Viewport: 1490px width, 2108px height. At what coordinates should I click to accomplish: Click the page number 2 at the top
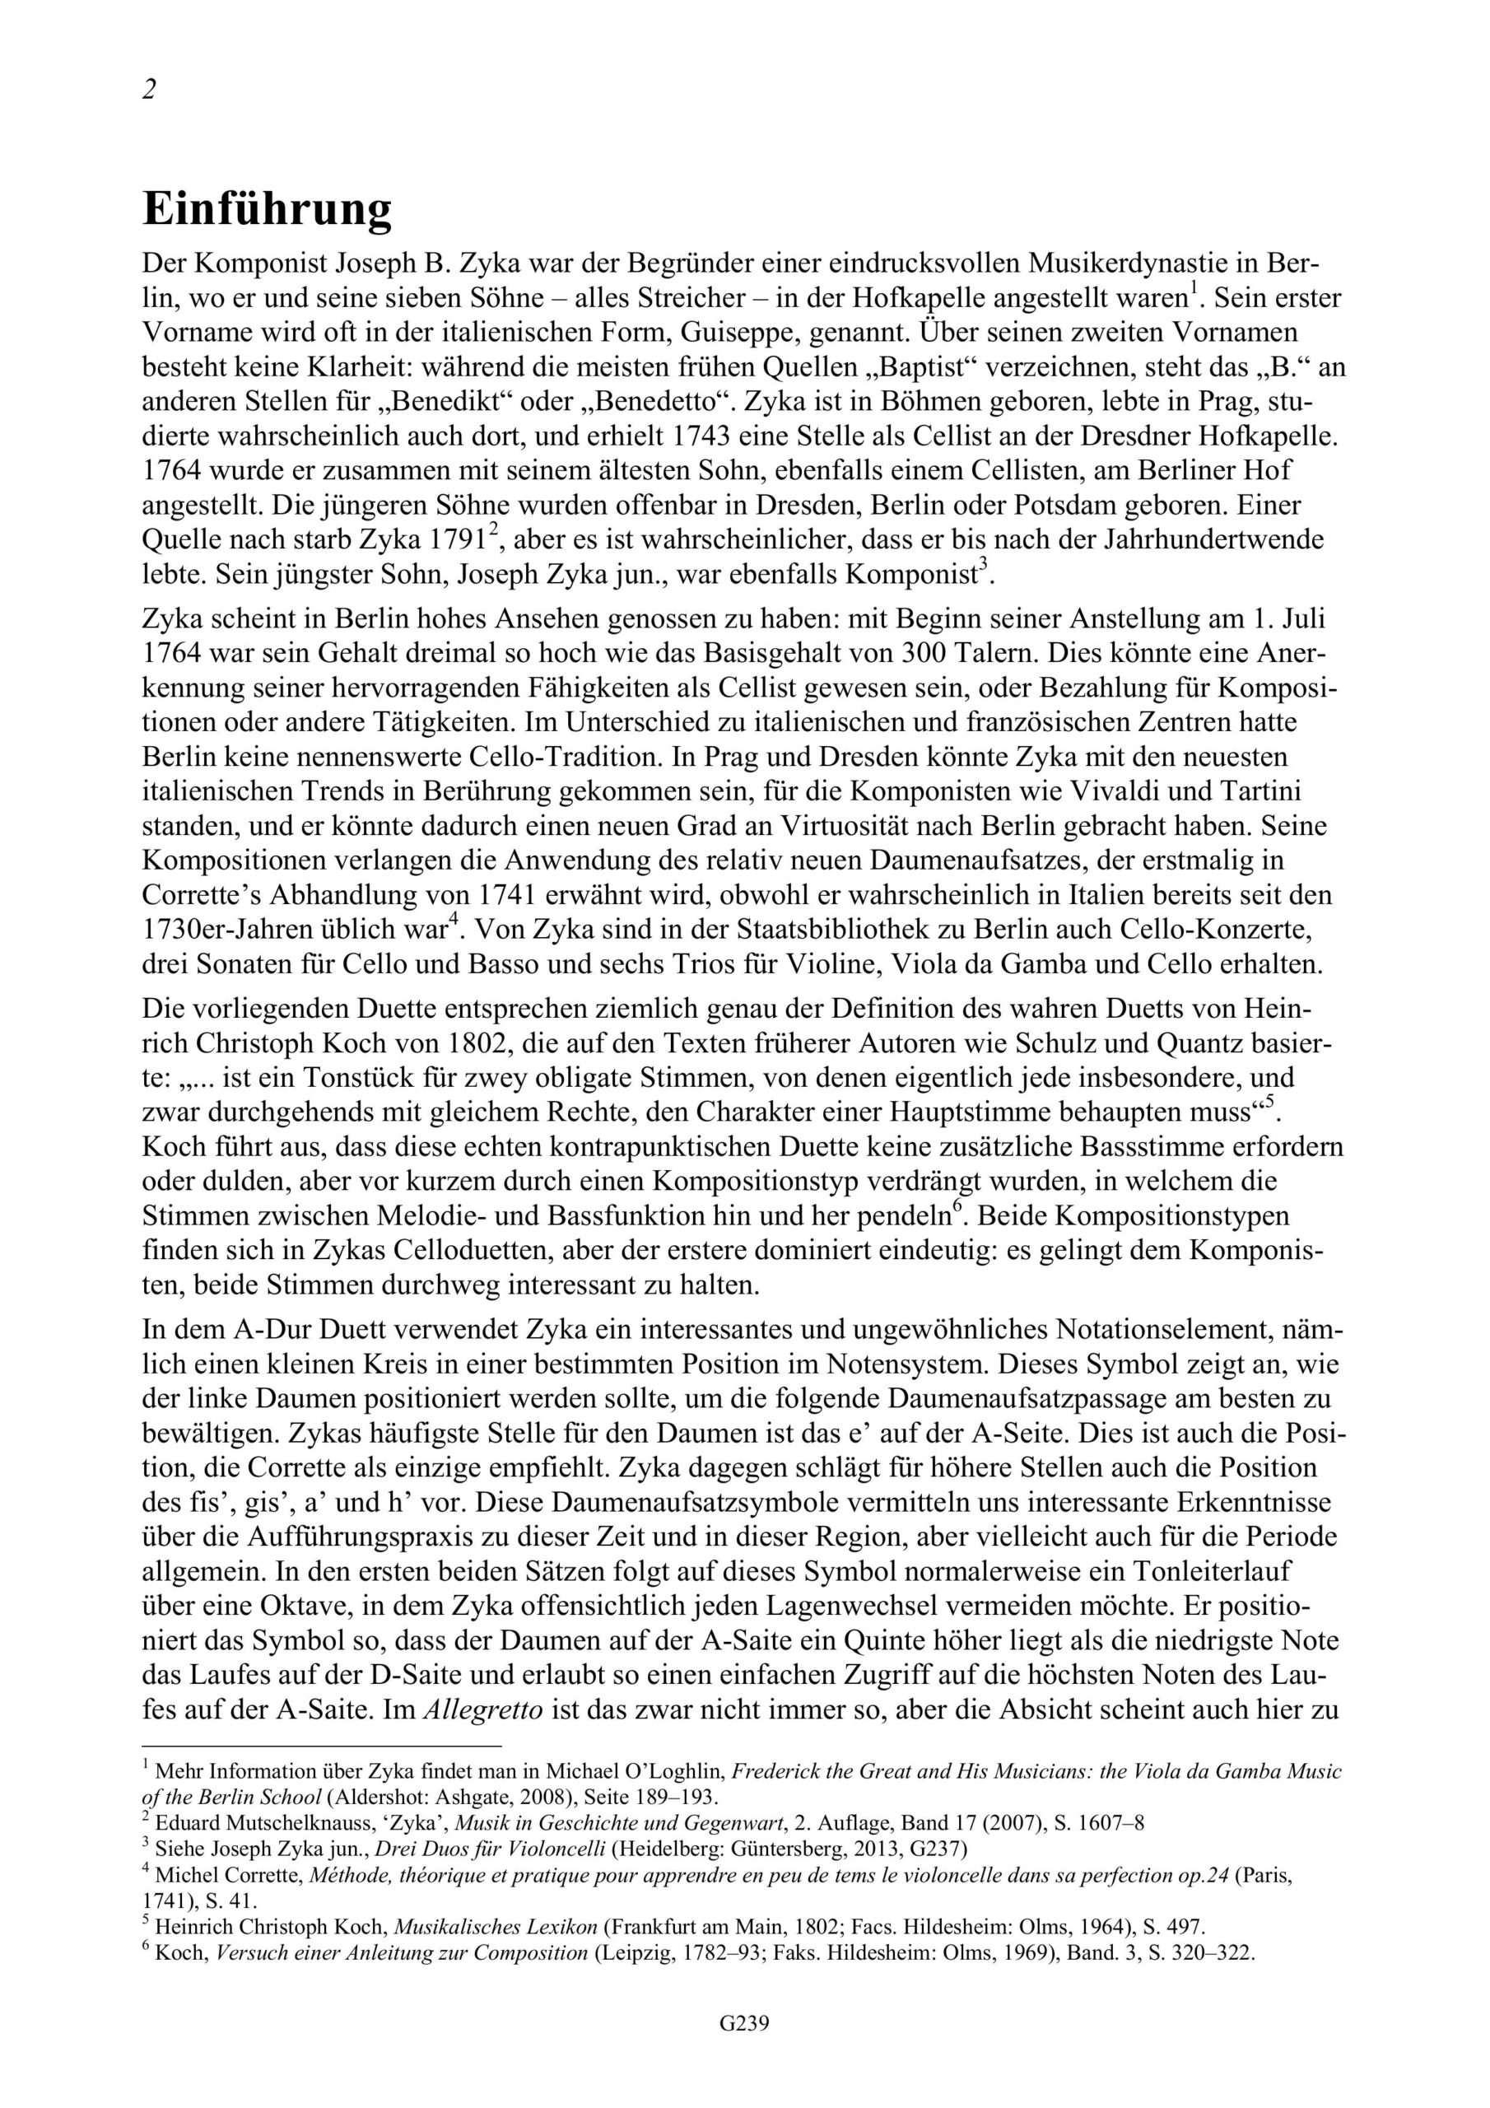point(150,90)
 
